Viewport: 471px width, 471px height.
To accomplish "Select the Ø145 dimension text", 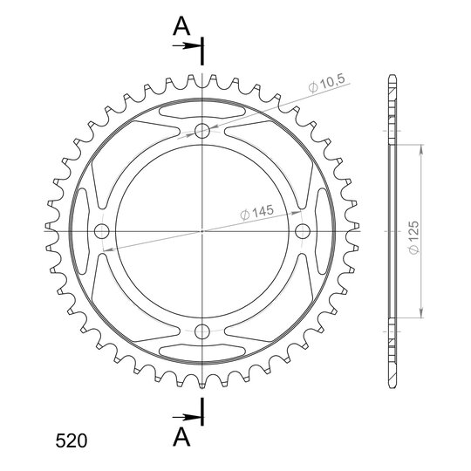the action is point(256,212).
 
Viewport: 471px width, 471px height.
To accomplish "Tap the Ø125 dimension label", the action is point(413,237).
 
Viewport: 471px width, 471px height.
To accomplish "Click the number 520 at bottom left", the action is point(72,441).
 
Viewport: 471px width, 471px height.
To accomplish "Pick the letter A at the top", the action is point(181,26).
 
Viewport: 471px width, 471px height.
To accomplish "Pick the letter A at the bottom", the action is point(181,436).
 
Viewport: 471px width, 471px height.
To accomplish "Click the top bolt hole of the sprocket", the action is point(201,131).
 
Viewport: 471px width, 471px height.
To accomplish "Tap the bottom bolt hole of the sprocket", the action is point(201,331).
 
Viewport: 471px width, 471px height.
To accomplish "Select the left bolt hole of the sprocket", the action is point(101,231).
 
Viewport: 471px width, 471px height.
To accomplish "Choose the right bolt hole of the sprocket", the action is point(303,231).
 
